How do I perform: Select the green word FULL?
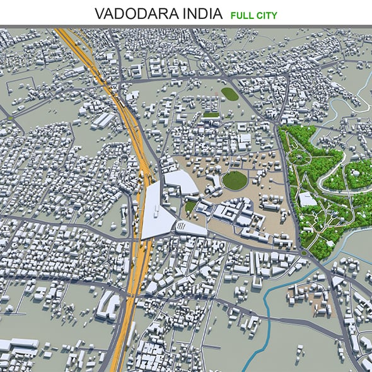point(241,14)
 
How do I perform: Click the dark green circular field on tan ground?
point(235,181)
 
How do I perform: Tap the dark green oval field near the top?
point(230,94)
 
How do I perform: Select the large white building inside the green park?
point(308,199)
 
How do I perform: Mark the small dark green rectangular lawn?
point(211,115)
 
